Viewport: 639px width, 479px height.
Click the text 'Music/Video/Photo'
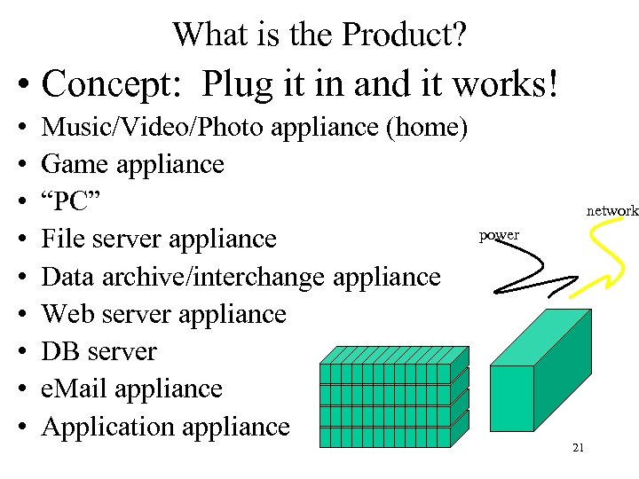152,127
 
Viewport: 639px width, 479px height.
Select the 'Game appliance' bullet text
132,164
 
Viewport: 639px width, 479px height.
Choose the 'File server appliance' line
159,239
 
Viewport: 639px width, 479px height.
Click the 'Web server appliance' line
163,314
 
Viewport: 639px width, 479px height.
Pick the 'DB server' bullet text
99,351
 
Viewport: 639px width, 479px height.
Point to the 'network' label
612,211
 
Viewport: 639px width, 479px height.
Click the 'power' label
500,235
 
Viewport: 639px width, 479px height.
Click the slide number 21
578,448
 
